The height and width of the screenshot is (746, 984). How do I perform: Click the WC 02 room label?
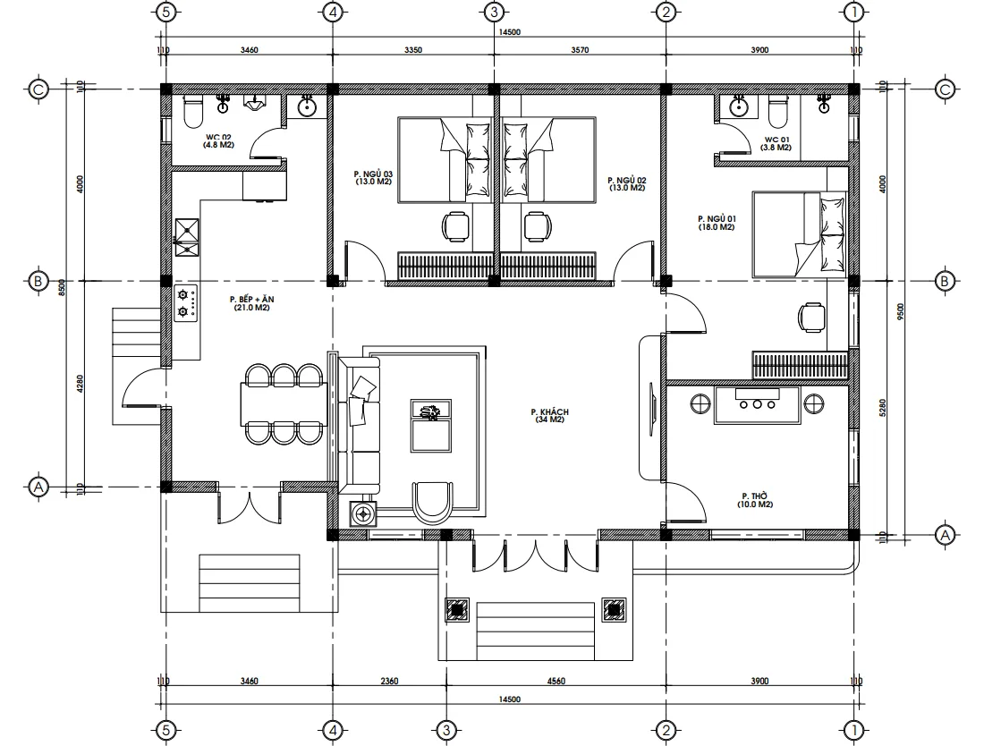click(218, 140)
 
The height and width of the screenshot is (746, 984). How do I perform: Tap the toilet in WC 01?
click(776, 112)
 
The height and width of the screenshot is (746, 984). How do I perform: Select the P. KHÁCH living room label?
click(549, 416)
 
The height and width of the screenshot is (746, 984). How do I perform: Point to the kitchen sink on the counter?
click(187, 233)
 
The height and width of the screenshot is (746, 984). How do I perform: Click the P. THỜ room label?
click(756, 500)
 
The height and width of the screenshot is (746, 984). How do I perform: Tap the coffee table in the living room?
click(430, 425)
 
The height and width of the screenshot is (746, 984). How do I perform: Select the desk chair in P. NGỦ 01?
click(812, 317)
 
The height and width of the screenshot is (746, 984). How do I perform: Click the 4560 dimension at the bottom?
click(555, 682)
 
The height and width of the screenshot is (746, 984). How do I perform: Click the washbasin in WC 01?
click(740, 108)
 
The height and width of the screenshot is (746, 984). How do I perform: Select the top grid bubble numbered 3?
click(494, 13)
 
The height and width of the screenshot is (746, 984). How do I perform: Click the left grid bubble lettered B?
click(38, 281)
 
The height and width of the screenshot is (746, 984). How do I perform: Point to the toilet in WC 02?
click(192, 113)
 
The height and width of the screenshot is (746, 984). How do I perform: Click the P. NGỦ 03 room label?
click(373, 177)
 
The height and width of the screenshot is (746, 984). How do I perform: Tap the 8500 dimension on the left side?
click(62, 288)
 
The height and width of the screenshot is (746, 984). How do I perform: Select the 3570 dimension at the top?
click(579, 50)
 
